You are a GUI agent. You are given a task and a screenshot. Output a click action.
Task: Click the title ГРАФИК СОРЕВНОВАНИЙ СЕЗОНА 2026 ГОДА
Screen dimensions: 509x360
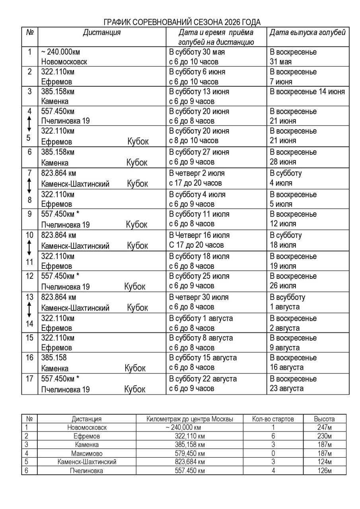pyautogui.click(x=182, y=22)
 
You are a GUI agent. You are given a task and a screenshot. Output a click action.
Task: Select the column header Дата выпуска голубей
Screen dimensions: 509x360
pyautogui.click(x=307, y=33)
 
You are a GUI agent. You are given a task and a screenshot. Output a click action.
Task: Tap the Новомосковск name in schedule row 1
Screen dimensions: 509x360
pyautogui.click(x=64, y=62)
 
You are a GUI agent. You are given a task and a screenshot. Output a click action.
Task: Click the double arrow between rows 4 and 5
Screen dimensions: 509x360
pyautogui.click(x=29, y=126)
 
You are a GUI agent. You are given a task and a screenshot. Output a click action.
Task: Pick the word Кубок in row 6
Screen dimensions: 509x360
pyautogui.click(x=137, y=162)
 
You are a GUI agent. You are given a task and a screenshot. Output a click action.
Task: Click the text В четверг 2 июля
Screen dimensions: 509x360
pyautogui.click(x=197, y=173)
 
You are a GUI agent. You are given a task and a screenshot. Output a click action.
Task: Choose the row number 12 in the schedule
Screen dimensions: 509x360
pyautogui.click(x=29, y=276)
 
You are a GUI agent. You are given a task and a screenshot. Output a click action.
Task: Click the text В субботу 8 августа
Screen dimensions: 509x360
pyautogui.click(x=201, y=338)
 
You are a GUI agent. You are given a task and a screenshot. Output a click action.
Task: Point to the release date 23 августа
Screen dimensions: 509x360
pyautogui.click(x=286, y=389)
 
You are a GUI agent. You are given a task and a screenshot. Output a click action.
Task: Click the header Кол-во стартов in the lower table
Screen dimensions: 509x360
pyautogui.click(x=273, y=419)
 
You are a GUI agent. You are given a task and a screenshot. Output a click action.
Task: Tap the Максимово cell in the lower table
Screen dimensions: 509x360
pyautogui.click(x=87, y=453)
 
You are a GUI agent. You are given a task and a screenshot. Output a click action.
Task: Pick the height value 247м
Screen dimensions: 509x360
pyautogui.click(x=324, y=427)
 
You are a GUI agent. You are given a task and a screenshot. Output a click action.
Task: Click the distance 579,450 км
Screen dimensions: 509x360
pyautogui.click(x=189, y=453)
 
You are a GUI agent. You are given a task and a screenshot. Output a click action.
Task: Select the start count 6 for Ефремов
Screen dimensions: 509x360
pyautogui.click(x=273, y=436)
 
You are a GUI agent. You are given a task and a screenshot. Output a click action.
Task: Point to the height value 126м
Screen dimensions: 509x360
pyautogui.click(x=324, y=471)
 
